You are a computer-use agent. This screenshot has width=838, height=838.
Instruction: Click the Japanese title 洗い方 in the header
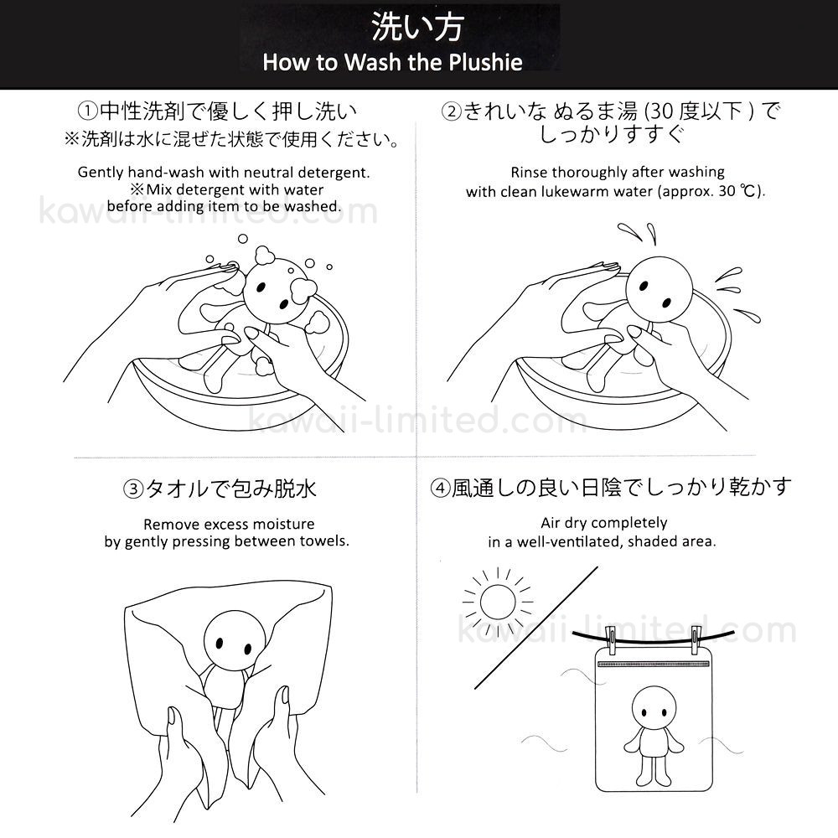click(416, 27)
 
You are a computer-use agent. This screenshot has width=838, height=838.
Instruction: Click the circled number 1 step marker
click(88, 111)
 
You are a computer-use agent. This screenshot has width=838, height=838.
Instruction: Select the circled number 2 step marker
click(452, 111)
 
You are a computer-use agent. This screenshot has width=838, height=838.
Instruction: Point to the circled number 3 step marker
click(133, 489)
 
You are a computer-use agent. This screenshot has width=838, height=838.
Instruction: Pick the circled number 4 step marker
click(441, 488)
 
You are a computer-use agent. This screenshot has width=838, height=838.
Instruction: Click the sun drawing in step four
click(498, 603)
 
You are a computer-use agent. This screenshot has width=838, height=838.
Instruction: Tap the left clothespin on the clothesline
click(611, 639)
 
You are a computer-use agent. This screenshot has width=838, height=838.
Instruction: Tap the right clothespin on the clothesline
click(696, 639)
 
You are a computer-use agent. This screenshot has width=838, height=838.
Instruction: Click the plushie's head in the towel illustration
click(235, 641)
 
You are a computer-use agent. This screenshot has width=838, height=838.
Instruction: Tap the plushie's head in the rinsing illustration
click(659, 290)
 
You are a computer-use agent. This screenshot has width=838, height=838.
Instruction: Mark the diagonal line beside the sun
click(536, 628)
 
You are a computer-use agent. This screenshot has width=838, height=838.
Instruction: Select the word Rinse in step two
click(529, 172)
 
